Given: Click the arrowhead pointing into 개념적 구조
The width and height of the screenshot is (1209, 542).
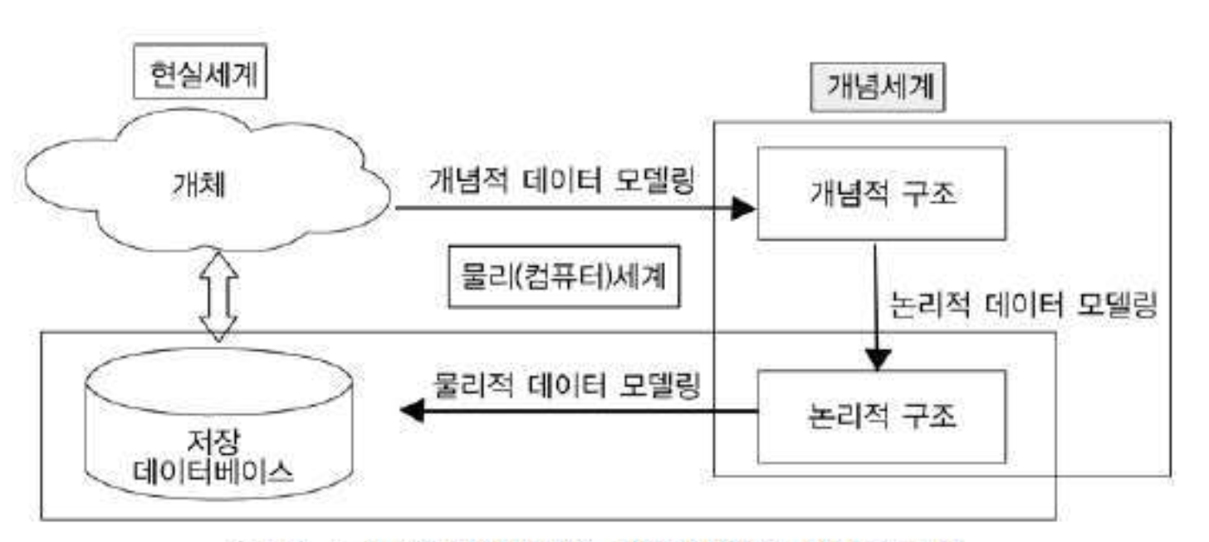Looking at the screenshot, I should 743,209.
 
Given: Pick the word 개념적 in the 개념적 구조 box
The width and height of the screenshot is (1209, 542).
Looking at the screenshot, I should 845,196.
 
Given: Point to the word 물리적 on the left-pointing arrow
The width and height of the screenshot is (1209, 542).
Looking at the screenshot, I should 472,385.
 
